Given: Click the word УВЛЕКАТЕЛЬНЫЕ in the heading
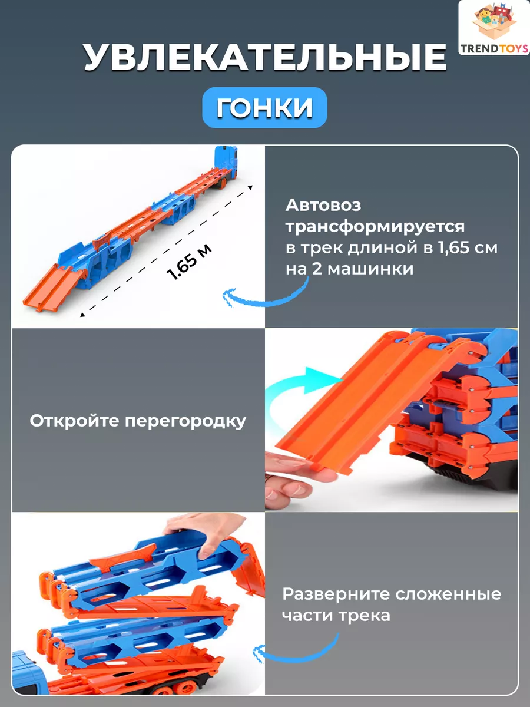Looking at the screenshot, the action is tap(265, 57).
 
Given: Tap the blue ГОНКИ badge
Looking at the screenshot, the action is tap(264, 108).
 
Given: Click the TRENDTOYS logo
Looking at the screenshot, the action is tap(494, 28).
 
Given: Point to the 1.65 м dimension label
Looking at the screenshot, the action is tap(189, 262).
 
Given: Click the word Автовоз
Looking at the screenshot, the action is tap(323, 205).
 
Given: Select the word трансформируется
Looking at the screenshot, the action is tap(375, 227).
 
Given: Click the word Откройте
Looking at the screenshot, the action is tap(74, 421).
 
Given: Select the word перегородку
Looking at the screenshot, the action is tap(185, 422).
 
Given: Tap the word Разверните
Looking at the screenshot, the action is tap(336, 594).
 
